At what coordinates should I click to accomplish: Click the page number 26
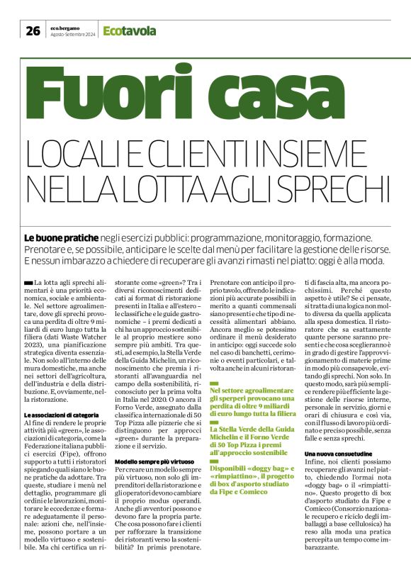(x=33, y=30)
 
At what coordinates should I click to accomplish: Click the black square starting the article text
(x=28, y=283)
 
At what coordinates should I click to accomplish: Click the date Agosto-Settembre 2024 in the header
(x=73, y=34)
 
